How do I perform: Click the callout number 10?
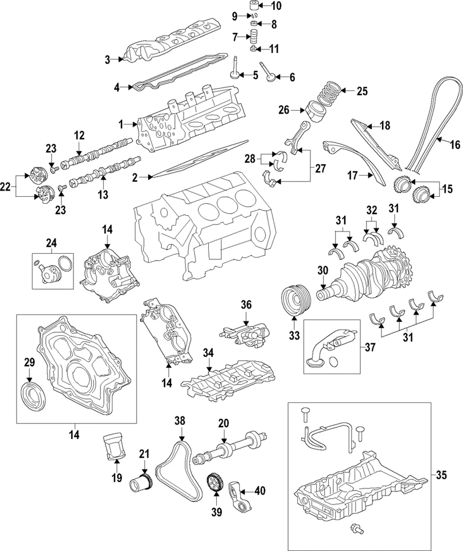276,7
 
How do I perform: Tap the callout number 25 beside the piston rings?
361,91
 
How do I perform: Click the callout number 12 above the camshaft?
79,135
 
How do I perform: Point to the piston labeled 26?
316,110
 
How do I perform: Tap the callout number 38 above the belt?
181,421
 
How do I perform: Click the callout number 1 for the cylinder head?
121,124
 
